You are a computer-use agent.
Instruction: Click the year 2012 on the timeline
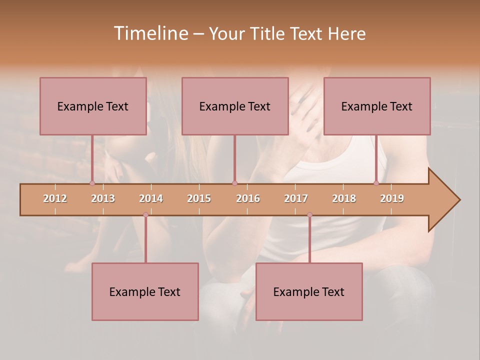[55, 198]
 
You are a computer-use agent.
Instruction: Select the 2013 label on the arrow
[103, 198]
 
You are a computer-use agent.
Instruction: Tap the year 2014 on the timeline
[151, 198]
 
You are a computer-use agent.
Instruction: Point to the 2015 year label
[199, 198]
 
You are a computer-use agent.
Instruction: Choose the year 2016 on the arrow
[248, 198]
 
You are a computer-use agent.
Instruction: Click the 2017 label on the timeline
[296, 198]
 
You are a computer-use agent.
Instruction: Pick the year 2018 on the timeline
[344, 198]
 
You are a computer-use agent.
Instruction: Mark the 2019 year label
[392, 198]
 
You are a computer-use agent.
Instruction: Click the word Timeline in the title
[150, 33]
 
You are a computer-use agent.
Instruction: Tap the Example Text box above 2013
[93, 106]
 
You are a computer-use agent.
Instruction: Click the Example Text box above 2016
[235, 106]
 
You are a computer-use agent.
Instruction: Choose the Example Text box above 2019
[377, 106]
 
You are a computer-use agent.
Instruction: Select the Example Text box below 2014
[145, 291]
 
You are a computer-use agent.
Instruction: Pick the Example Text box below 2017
[309, 291]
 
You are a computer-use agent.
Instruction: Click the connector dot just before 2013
[92, 183]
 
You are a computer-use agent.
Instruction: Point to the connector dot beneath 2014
[145, 215]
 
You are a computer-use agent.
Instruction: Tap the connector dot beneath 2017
[309, 215]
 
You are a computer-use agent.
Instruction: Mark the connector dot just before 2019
[376, 183]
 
